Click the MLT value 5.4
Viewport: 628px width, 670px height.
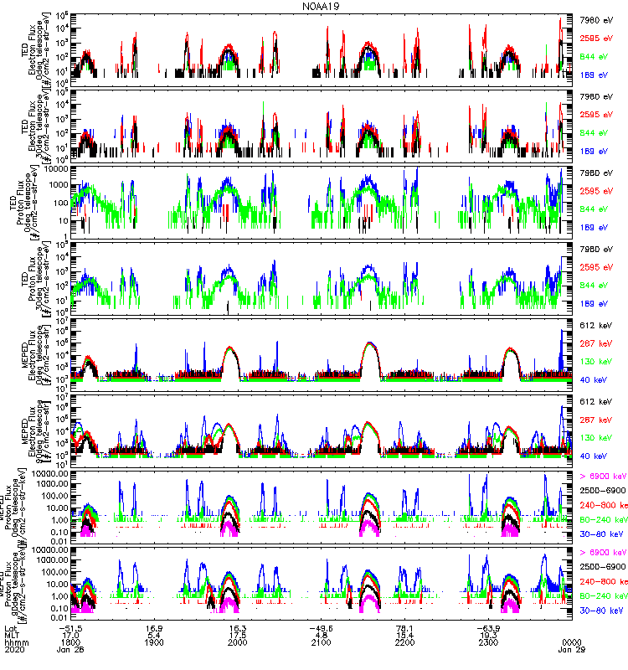click(x=154, y=634)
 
